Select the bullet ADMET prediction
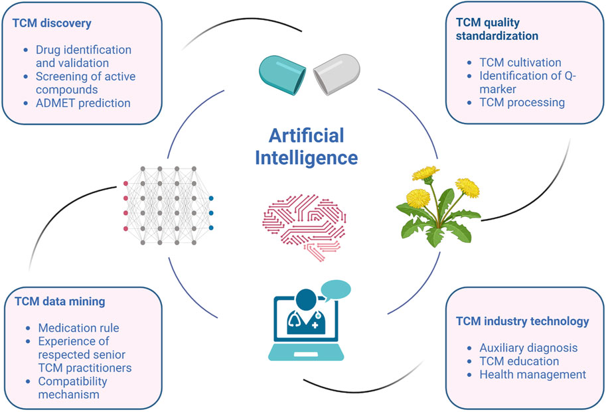pyautogui.click(x=84, y=103)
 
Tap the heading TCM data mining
pyautogui.click(x=60, y=301)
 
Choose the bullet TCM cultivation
pyautogui.click(x=520, y=62)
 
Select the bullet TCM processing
pyautogui.click(x=522, y=102)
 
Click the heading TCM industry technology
pyautogui.click(x=522, y=321)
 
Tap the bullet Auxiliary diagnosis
pyautogui.click(x=528, y=348)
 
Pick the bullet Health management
pyautogui.click(x=532, y=374)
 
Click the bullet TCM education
pyautogui.click(x=519, y=361)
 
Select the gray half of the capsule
pyautogui.click(x=335, y=74)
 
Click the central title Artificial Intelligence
pyautogui.click(x=306, y=147)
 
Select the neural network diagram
pyautogui.click(x=169, y=203)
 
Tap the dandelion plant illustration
pyautogui.click(x=437, y=206)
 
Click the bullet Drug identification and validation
pyautogui.click(x=84, y=56)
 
